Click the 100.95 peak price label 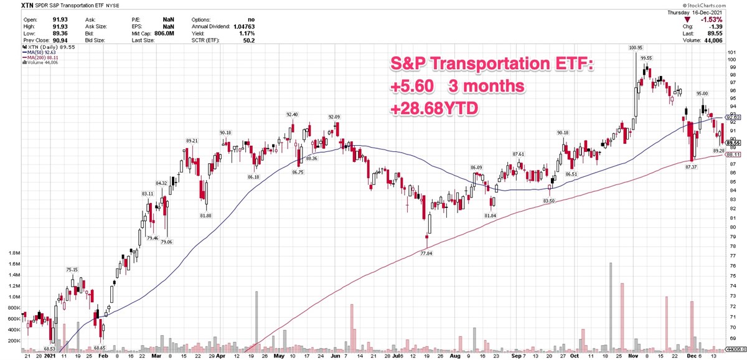pyautogui.click(x=635, y=47)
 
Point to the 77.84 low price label pyautogui.click(x=426, y=253)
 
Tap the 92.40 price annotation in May pyautogui.click(x=292, y=115)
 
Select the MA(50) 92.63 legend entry pyautogui.click(x=42, y=52)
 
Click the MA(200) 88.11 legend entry pyautogui.click(x=43, y=57)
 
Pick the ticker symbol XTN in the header pyautogui.click(x=9, y=6)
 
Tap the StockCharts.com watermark pyautogui.click(x=718, y=6)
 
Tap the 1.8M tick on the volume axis pyautogui.click(x=13, y=253)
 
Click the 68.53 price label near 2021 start pyautogui.click(x=49, y=349)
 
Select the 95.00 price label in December pyautogui.click(x=703, y=94)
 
